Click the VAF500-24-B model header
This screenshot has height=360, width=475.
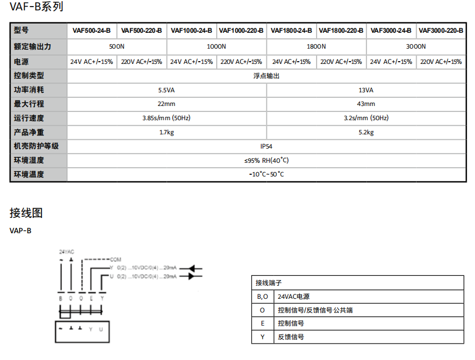[x=91, y=31]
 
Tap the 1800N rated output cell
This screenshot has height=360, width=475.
[x=316, y=47]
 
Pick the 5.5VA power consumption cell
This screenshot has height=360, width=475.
[x=167, y=90]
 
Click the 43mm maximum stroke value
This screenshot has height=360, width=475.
[x=366, y=104]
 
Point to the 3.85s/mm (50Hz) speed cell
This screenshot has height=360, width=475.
[x=167, y=118]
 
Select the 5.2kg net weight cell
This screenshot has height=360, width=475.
[x=366, y=132]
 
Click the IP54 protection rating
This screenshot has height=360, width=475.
[x=266, y=146]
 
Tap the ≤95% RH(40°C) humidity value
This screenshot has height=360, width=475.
[x=266, y=161]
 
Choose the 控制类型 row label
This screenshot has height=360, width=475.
[x=29, y=76]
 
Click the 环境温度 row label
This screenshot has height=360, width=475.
[x=29, y=175]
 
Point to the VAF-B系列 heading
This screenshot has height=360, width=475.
[x=37, y=7]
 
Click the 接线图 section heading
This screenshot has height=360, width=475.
[x=26, y=213]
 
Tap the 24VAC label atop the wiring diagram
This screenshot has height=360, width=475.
[x=67, y=252]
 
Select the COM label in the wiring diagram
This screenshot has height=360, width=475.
[x=115, y=259]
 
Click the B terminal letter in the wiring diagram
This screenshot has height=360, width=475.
[x=61, y=298]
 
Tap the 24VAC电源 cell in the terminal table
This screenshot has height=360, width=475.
[x=294, y=297]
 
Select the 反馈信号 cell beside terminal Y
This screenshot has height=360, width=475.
[x=291, y=337]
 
